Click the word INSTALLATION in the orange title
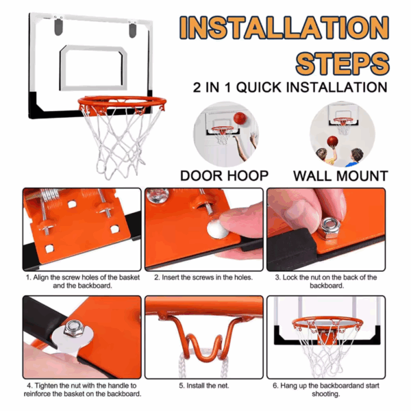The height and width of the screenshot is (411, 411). [284, 28]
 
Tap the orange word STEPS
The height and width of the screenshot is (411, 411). [342, 64]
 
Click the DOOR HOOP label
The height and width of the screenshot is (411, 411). [225, 176]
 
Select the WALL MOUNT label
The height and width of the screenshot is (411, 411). [340, 176]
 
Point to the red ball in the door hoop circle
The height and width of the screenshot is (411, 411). [240, 119]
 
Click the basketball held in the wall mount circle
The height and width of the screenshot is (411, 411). [332, 142]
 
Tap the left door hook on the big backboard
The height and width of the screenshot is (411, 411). [58, 26]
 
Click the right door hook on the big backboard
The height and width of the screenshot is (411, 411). [133, 29]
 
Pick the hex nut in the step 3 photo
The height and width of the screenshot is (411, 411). [330, 227]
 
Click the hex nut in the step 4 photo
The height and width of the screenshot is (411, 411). [74, 329]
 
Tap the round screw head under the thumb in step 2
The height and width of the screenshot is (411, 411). [216, 229]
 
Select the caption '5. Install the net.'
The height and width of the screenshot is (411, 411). [204, 386]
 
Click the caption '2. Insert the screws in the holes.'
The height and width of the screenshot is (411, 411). [203, 277]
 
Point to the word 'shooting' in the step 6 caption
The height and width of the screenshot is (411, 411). [325, 394]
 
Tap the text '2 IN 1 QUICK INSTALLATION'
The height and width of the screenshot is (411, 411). [290, 87]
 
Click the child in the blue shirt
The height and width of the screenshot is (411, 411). [355, 158]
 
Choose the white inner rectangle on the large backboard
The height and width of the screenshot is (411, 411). [93, 68]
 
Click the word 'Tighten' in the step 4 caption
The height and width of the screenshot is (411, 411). [46, 386]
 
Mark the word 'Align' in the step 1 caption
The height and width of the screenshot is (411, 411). [40, 277]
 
